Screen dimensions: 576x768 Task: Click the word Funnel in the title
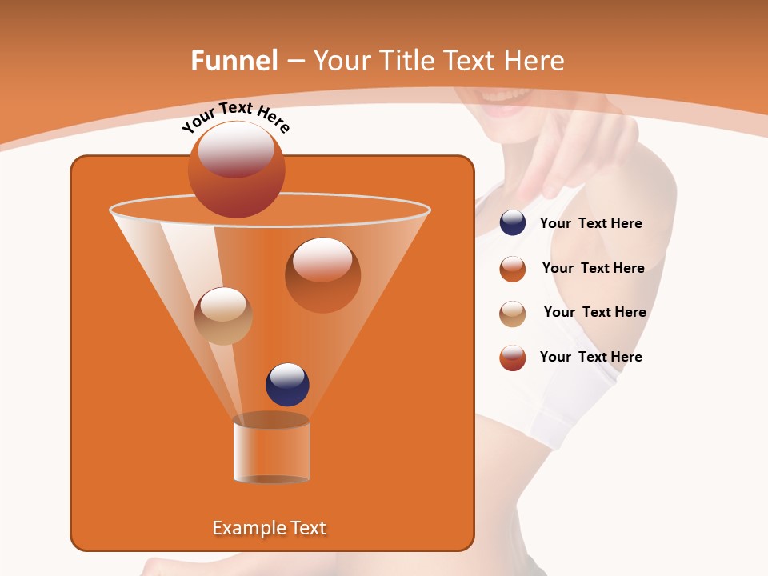pyautogui.click(x=234, y=61)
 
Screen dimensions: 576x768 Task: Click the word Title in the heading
pyautogui.click(x=406, y=61)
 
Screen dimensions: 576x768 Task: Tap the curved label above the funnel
pyautogui.click(x=236, y=118)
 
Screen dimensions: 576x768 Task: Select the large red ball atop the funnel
pyautogui.click(x=237, y=170)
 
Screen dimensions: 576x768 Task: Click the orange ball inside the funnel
pyautogui.click(x=322, y=274)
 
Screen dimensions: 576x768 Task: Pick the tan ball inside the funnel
pyautogui.click(x=223, y=315)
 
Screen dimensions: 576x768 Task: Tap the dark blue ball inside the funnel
pyautogui.click(x=287, y=385)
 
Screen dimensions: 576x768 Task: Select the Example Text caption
pyautogui.click(x=270, y=528)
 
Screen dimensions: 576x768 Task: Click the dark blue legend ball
pyautogui.click(x=513, y=223)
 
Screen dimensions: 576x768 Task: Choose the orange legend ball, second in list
pyautogui.click(x=513, y=269)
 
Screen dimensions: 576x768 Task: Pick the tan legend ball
pyautogui.click(x=513, y=313)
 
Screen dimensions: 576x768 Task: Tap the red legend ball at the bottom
pyautogui.click(x=513, y=358)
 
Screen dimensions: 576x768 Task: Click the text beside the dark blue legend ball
pyautogui.click(x=590, y=224)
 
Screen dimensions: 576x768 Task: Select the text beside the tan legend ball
pyautogui.click(x=594, y=313)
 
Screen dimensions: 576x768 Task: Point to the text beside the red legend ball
pyautogui.click(x=590, y=358)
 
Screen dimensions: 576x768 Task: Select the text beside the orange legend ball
pyautogui.click(x=593, y=269)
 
